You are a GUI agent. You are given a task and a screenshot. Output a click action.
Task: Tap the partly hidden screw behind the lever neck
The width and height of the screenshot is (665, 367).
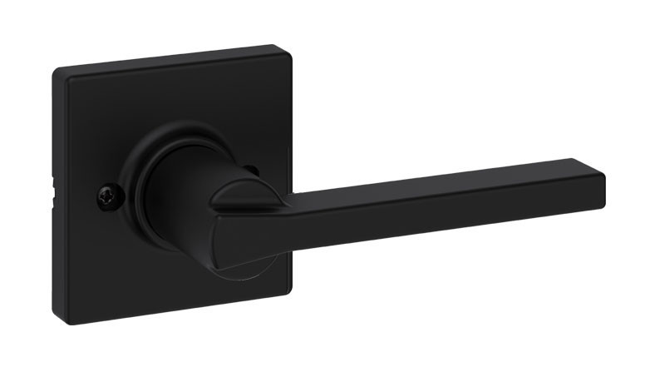(253, 171)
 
